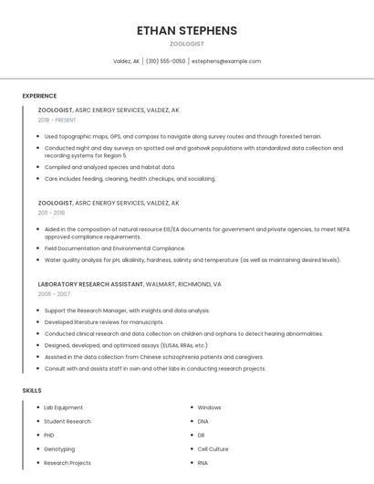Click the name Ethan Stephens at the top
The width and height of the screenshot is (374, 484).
[x=186, y=30]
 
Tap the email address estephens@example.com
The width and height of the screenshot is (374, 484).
[x=226, y=61]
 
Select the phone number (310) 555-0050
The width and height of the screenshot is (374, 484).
[x=165, y=61]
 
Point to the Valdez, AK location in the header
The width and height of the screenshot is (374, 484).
[x=126, y=61]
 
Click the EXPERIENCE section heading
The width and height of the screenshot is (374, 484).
[x=39, y=96]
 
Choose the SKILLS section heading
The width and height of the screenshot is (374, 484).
[x=32, y=391]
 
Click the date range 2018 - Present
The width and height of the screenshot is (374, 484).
[x=58, y=120]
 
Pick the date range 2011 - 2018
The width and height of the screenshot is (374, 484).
[x=51, y=212]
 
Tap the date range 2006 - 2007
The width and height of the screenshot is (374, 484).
[x=54, y=294]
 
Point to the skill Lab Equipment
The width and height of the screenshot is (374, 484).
[x=64, y=407]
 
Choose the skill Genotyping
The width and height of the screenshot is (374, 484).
[x=59, y=449]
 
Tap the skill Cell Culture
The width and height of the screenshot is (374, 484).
[x=213, y=449]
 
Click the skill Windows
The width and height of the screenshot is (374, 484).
[x=209, y=407]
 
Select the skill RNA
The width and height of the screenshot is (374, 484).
[x=203, y=463]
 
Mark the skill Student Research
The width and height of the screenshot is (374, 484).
[x=68, y=421]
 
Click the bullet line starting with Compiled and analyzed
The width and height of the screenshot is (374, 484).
[x=109, y=167]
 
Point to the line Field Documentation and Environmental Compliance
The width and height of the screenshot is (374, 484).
[x=115, y=247]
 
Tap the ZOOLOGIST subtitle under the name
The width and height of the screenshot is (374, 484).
[x=186, y=44]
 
